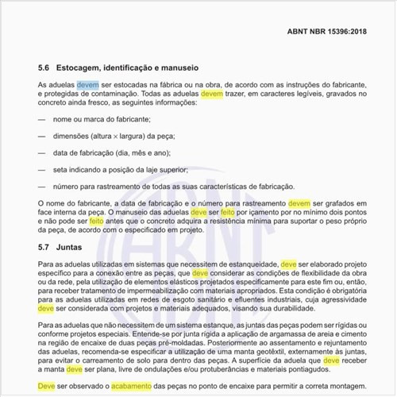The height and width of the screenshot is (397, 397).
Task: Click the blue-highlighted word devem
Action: pos(87,83)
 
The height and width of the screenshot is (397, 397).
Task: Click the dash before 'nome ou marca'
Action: pos(41,118)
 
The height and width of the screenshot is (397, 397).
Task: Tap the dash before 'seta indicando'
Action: pos(41,169)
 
